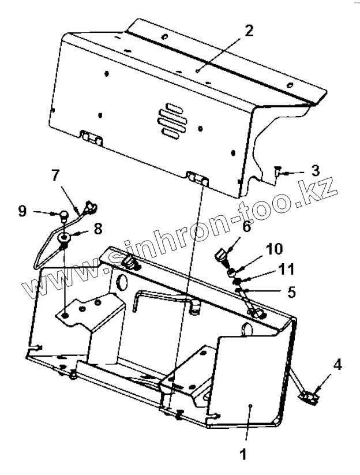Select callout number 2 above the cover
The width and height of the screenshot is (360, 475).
[x=249, y=31]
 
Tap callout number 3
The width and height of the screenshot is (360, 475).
[x=315, y=170]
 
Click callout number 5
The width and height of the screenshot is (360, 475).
[x=291, y=292]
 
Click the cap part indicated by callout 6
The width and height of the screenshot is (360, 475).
[x=220, y=255]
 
